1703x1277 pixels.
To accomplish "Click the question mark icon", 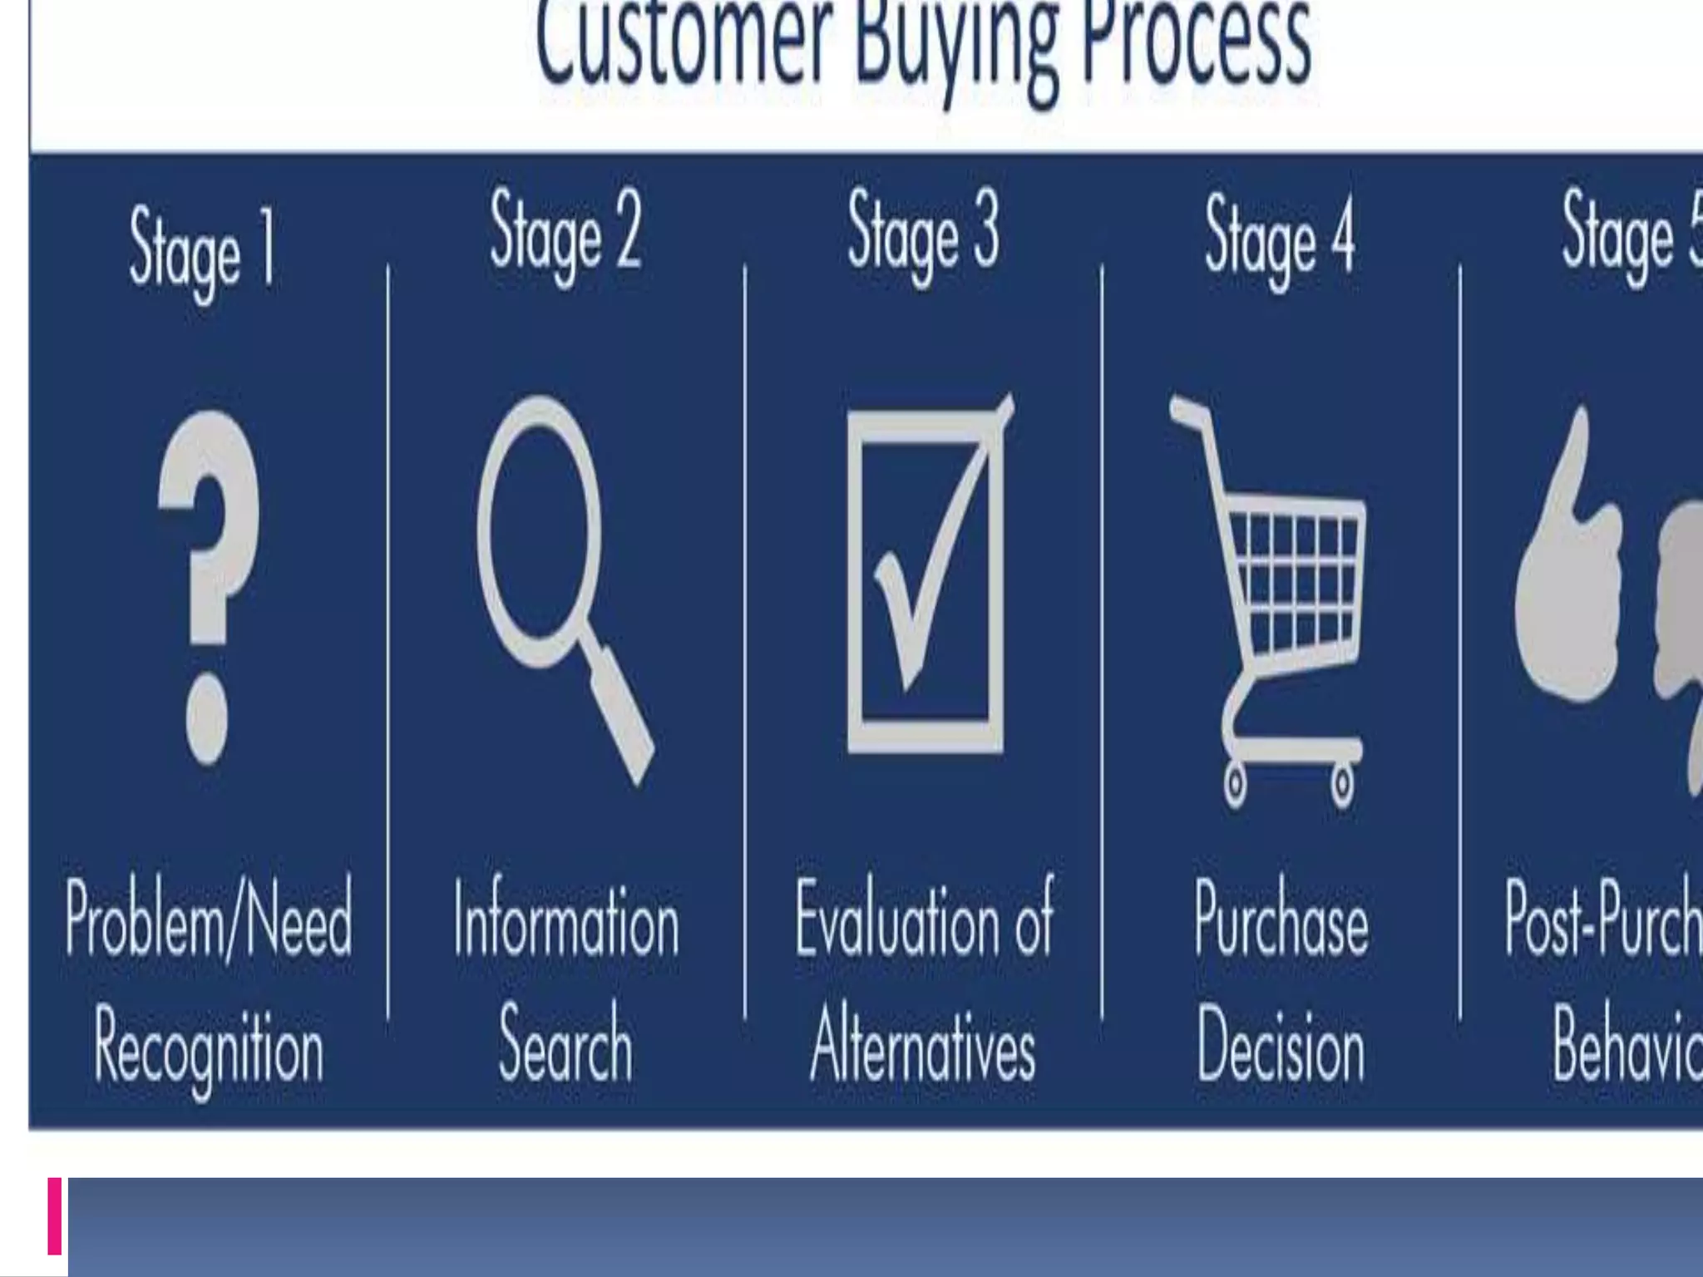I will point(208,582).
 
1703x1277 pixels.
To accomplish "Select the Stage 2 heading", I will point(565,233).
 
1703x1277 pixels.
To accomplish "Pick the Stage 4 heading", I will point(1281,237).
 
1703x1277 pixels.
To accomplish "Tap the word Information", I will point(566,923).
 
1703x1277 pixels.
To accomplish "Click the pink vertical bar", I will point(55,1215).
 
